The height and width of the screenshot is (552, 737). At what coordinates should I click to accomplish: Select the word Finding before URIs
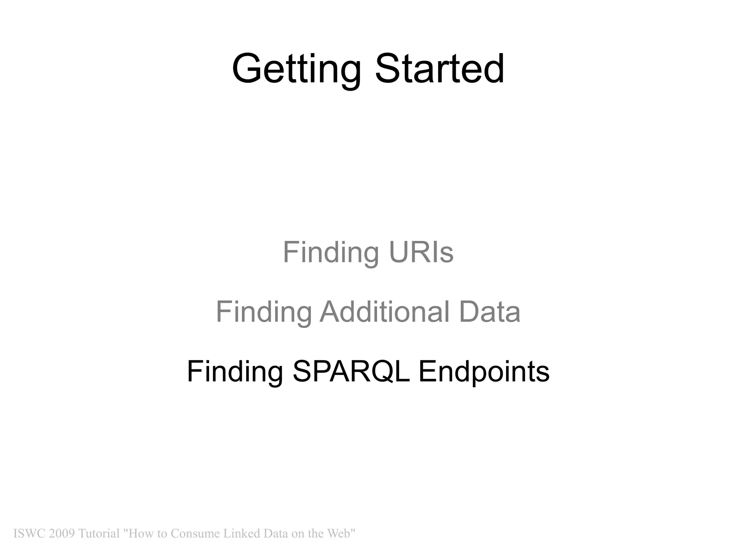coord(331,252)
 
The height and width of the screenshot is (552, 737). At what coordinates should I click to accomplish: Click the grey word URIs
coord(421,252)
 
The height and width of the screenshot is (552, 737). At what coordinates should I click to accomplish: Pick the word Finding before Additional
coord(264,312)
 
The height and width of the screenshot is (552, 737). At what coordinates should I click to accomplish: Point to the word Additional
coord(385,312)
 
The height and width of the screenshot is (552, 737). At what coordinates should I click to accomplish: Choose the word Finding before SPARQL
coord(235,371)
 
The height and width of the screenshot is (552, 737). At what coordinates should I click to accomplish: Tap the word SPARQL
coord(351,371)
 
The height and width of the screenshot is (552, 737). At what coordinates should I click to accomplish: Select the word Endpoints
coord(484,371)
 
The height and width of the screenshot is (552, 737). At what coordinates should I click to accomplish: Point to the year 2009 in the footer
coord(62,533)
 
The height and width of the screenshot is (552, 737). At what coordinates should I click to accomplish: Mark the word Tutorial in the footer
coord(99,533)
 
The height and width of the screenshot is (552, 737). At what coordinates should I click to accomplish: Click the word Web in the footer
coord(340,533)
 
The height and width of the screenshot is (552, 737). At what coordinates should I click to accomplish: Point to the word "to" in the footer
coord(162,533)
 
